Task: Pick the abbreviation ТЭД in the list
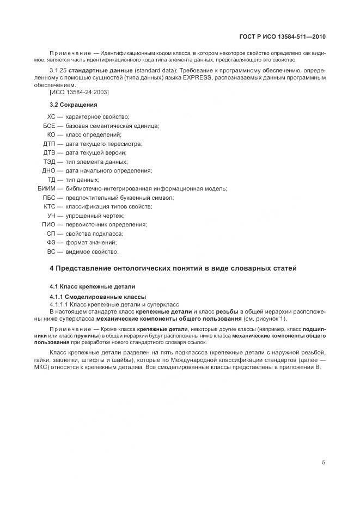click(49, 162)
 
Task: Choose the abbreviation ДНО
click(49, 170)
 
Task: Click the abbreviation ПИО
click(49, 224)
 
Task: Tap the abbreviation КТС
click(49, 206)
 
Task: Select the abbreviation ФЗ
click(51, 242)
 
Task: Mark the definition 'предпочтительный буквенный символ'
click(119, 198)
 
